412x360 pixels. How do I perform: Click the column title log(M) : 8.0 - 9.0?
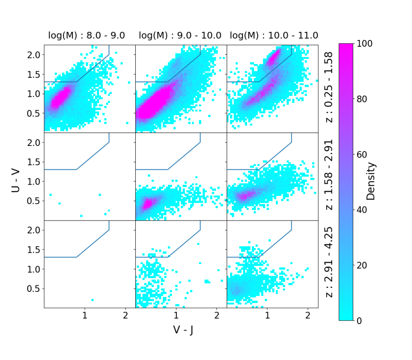(87, 35)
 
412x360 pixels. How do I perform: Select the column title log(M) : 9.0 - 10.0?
(180, 35)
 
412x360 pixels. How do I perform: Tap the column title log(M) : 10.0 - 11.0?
(274, 35)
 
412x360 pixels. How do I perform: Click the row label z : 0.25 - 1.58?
(329, 88)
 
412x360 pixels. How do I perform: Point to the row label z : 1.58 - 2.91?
(329, 176)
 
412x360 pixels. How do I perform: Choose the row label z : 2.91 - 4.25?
(329, 264)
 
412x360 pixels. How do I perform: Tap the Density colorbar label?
(371, 182)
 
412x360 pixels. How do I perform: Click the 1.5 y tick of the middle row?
(34, 162)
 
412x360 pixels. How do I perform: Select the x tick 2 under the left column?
(126, 315)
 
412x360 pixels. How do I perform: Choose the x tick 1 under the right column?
(267, 315)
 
